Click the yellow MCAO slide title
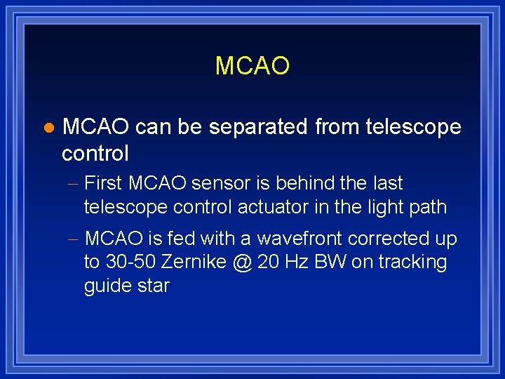(252, 66)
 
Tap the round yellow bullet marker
(48, 128)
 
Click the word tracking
(414, 263)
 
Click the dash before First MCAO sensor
(74, 185)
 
